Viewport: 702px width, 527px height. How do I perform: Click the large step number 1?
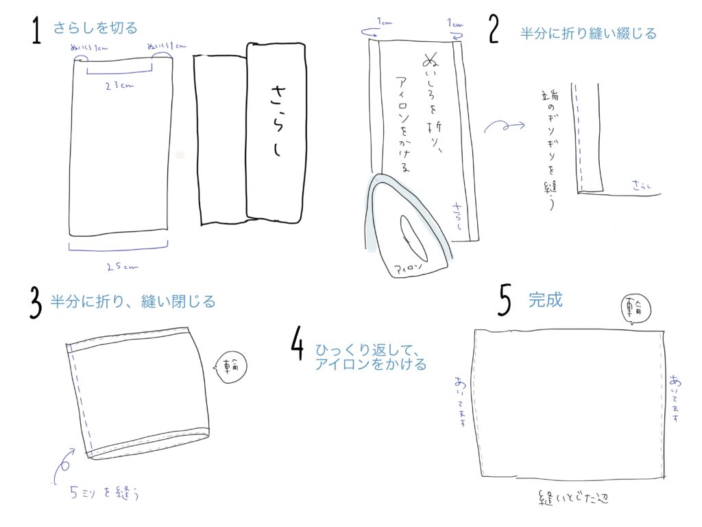(x=37, y=32)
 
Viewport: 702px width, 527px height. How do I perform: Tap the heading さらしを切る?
(x=95, y=28)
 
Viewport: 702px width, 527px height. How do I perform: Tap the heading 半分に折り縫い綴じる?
(x=588, y=33)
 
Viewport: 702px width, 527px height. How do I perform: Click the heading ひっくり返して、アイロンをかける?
(x=370, y=356)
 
